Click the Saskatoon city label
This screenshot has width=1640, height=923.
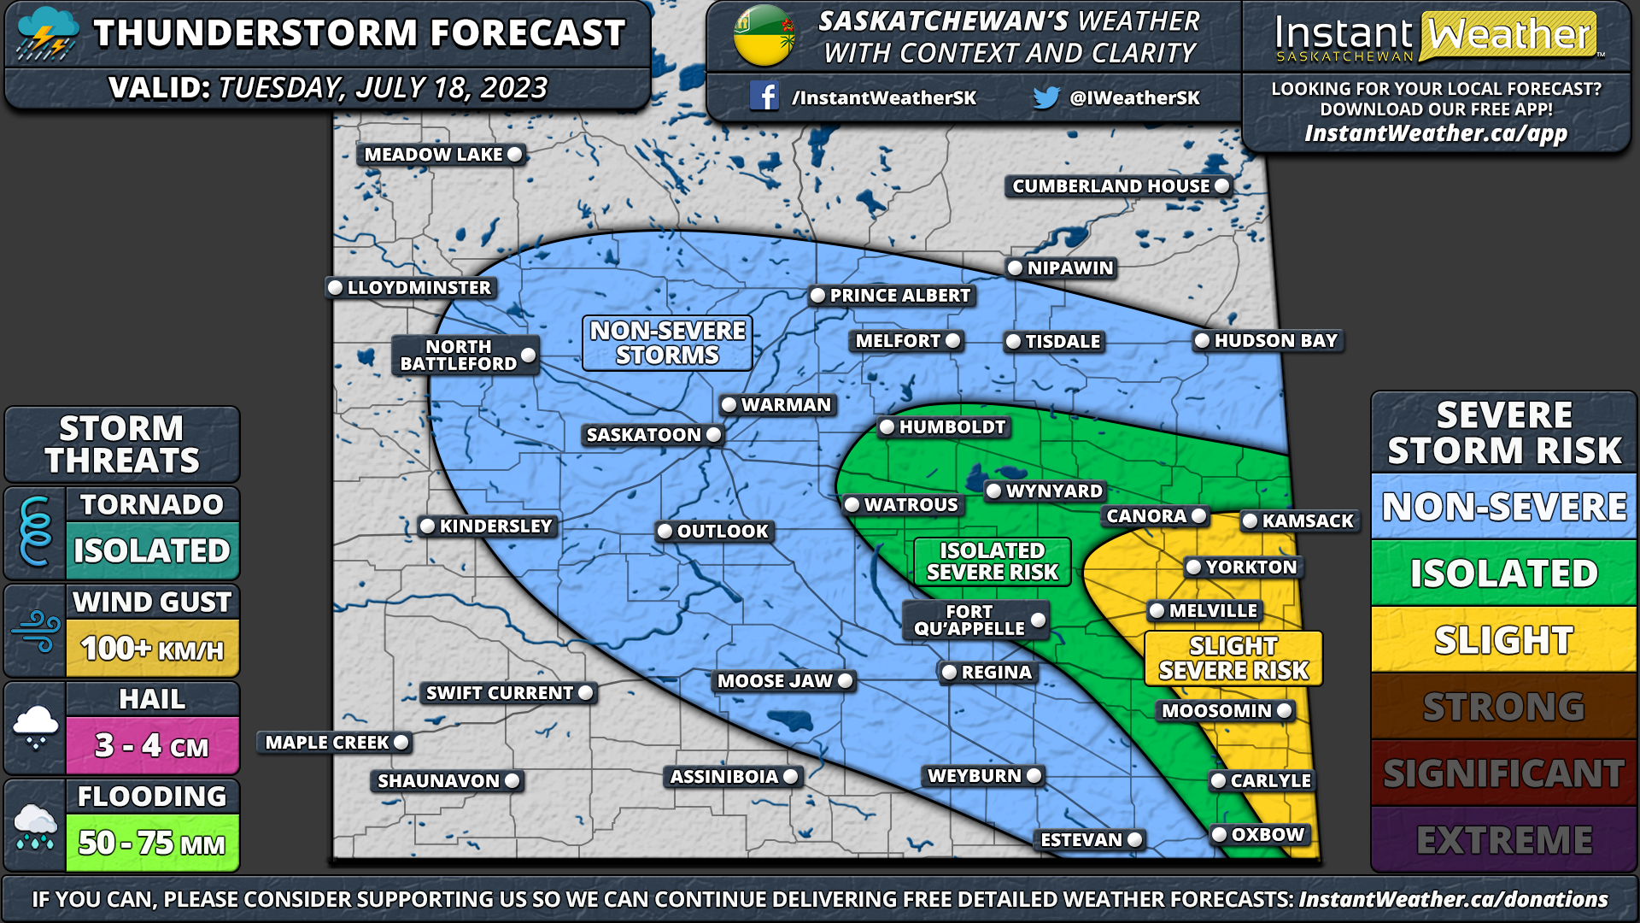coord(644,435)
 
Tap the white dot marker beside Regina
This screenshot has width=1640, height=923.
coord(949,673)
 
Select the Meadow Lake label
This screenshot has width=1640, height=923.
coord(434,155)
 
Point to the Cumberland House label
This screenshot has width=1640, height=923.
coord(1110,186)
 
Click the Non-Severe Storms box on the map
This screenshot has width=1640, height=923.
coord(667,343)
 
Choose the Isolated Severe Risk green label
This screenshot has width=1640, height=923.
coord(992,561)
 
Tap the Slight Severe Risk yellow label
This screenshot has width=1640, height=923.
coord(1233,658)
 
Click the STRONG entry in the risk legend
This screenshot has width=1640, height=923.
coord(1503,707)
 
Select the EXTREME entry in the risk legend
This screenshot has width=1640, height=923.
coord(1503,840)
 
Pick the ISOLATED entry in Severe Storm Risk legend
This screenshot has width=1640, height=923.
coord(1503,573)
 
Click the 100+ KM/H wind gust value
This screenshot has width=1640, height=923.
coord(152,650)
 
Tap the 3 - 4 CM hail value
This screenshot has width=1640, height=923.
coord(152,746)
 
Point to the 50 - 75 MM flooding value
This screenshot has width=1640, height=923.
coord(152,844)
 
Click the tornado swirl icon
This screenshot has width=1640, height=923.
coord(35,532)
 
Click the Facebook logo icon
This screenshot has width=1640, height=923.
coord(764,96)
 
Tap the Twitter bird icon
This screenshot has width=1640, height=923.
coord(1045,97)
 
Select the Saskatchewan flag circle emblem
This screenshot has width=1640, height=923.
coord(764,36)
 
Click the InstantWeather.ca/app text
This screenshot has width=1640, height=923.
coord(1435,133)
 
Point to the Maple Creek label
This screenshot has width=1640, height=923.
coord(327,743)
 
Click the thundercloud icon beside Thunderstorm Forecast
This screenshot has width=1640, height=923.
coord(48,34)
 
